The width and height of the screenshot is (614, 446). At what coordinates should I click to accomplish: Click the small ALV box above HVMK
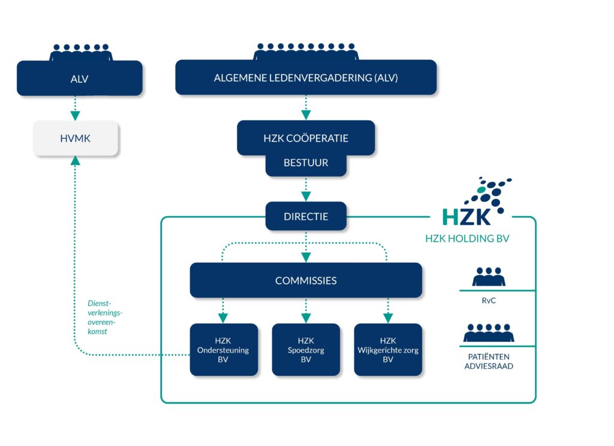point(79,78)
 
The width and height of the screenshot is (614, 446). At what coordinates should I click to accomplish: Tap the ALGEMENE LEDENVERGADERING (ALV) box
point(306,78)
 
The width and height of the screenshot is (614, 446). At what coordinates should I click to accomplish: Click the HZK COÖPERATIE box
point(306,138)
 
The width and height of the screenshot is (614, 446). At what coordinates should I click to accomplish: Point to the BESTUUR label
point(306,163)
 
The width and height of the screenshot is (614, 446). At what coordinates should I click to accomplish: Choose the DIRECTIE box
point(306,216)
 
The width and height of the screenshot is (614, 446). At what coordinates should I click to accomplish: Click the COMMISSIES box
point(306,280)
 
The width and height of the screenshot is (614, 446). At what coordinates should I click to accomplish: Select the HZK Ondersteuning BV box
point(224,350)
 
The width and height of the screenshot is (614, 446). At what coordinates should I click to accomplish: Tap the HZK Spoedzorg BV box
point(306,350)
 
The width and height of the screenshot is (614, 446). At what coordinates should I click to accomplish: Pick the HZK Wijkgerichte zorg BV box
point(388,350)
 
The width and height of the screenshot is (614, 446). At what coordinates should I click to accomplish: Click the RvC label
point(489,301)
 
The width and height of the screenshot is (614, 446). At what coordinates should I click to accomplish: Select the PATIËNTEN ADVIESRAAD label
point(489,362)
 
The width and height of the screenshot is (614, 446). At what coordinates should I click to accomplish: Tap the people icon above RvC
point(489,277)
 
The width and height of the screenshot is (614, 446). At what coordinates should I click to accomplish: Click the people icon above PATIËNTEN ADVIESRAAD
point(489,333)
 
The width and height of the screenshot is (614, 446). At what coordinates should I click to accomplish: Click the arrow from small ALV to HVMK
point(75,108)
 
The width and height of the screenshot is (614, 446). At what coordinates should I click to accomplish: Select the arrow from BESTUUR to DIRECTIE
point(306,189)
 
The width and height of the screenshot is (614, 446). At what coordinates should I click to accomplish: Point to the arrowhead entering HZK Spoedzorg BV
point(306,318)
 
